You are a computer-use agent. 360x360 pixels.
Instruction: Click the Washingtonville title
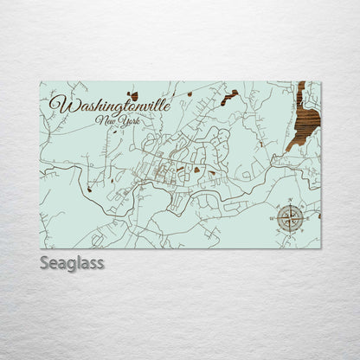click(x=109, y=105)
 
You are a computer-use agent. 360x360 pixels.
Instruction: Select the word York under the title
click(x=126, y=123)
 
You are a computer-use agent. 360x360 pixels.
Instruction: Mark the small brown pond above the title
click(x=133, y=94)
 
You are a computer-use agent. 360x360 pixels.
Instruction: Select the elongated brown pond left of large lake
click(x=228, y=97)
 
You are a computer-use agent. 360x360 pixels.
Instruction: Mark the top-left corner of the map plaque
click(x=40, y=81)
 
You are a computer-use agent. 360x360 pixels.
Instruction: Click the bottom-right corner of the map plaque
click(x=320, y=248)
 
